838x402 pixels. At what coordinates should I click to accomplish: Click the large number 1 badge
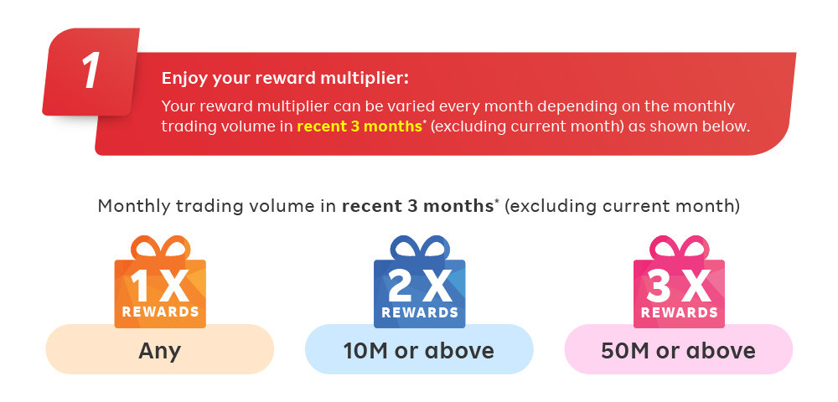click(x=91, y=71)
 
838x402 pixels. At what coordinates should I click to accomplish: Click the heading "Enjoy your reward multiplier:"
click(x=285, y=79)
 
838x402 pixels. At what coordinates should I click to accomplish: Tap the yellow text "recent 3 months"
click(x=360, y=126)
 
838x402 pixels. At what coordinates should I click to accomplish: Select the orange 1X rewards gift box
click(x=160, y=282)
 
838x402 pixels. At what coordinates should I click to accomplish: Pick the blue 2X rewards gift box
click(x=420, y=282)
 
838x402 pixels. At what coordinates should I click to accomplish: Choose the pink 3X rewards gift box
click(x=679, y=282)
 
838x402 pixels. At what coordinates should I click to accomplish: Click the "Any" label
click(x=160, y=351)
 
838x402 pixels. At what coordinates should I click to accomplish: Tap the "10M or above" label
click(x=418, y=351)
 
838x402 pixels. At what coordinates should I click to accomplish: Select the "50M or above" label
click(x=678, y=351)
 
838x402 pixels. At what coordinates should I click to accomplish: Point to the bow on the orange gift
click(x=160, y=248)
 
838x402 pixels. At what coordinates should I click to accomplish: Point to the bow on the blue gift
click(x=420, y=248)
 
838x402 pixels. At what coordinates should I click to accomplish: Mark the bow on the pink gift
click(x=679, y=248)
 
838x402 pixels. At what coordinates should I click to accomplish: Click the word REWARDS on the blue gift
click(x=420, y=312)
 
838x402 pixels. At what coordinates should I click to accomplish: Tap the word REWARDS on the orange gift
click(x=160, y=312)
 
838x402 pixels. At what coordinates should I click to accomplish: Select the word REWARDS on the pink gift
click(x=680, y=312)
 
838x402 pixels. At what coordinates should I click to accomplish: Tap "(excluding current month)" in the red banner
click(x=527, y=127)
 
